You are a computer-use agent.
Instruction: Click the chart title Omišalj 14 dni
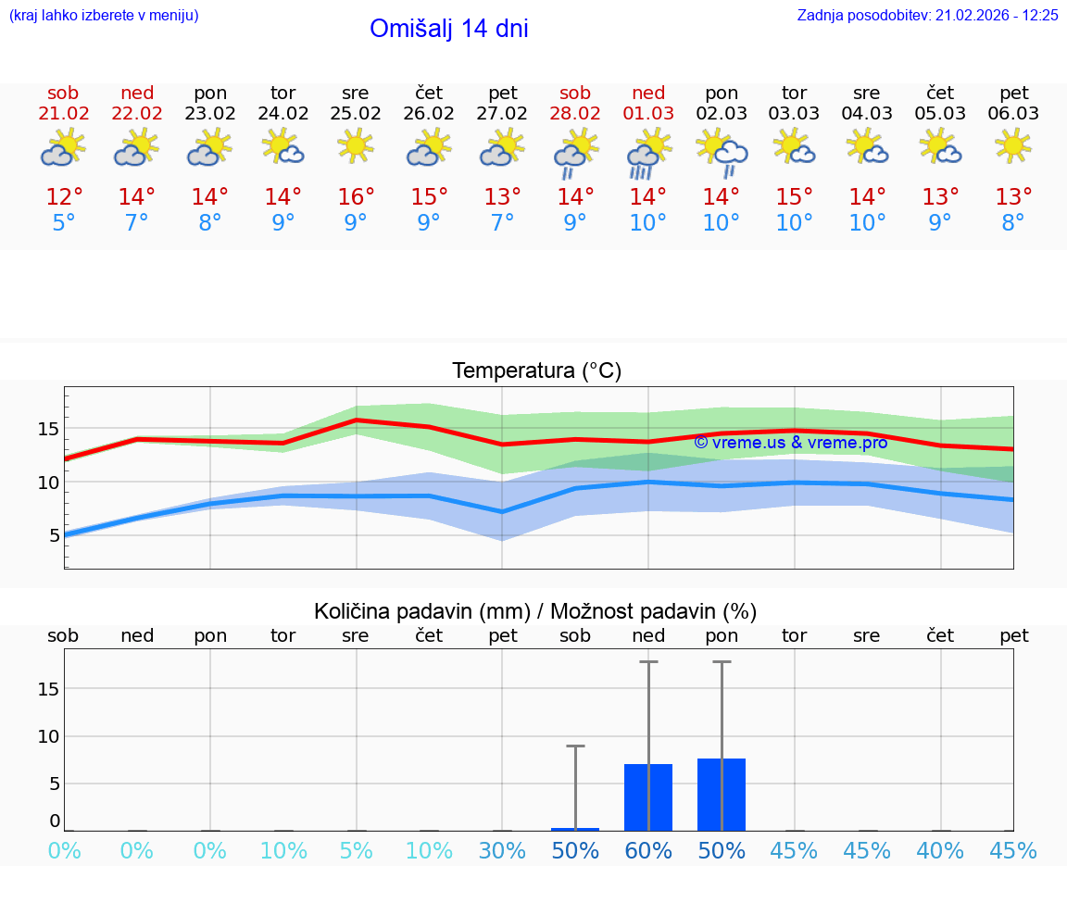[448, 29]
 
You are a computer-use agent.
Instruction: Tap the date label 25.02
[356, 114]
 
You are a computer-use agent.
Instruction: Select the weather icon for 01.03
[648, 153]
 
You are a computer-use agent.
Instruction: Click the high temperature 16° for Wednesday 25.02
[356, 197]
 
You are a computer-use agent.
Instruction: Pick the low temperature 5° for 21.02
[63, 223]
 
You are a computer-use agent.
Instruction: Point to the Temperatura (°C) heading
[536, 371]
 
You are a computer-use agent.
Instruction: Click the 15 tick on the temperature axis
[48, 429]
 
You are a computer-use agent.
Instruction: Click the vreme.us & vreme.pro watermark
[790, 443]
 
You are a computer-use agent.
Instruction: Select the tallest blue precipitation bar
[722, 795]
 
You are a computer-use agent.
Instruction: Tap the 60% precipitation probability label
[648, 851]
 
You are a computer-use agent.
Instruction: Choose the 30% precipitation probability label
[502, 851]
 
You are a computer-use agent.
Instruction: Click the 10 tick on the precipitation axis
[48, 736]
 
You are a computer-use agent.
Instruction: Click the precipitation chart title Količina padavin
[535, 611]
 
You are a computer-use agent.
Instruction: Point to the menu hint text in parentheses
[104, 16]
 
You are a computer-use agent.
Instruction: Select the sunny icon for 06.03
[1013, 145]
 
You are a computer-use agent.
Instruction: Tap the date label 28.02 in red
[575, 114]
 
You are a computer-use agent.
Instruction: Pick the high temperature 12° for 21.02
[63, 197]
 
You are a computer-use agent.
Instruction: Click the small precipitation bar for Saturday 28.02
[575, 829]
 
